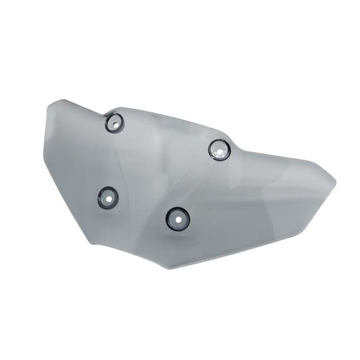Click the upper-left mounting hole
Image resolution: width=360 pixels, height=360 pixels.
point(114,122)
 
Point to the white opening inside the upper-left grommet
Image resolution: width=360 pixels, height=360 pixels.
point(115,121)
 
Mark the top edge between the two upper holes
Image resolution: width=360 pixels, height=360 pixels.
point(171,117)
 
